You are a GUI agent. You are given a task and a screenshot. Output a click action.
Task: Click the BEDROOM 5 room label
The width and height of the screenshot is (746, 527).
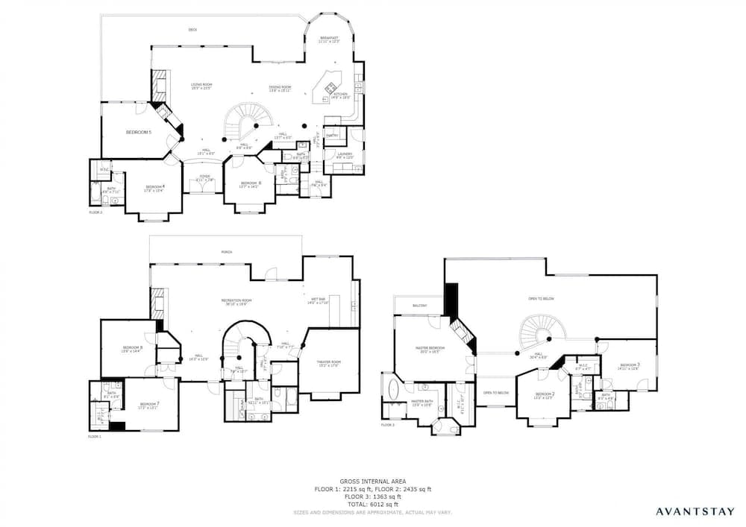tap(139, 132)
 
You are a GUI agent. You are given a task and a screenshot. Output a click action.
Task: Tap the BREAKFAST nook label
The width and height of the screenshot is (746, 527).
tap(330, 39)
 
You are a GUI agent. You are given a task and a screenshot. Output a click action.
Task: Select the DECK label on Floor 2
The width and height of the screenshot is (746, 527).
tap(192, 30)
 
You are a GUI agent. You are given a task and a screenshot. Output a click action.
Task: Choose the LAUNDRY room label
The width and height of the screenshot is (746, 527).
tap(344, 155)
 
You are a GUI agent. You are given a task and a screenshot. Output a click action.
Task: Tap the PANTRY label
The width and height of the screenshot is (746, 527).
tap(333, 135)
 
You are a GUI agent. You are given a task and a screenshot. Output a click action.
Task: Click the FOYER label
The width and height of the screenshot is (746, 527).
tap(204, 178)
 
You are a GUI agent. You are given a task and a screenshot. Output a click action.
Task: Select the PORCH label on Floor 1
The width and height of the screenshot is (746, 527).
tap(226, 252)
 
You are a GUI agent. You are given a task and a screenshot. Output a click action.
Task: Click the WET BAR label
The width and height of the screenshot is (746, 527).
tap(317, 300)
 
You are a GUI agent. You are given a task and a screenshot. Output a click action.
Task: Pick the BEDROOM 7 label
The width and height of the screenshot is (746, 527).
tap(148, 404)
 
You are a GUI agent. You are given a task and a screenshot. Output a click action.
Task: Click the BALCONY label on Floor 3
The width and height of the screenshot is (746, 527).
tap(419, 306)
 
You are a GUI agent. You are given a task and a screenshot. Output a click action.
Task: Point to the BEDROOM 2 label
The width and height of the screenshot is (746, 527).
tap(545, 394)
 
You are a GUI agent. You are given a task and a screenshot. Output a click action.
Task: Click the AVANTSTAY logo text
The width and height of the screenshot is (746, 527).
tap(694, 511)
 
